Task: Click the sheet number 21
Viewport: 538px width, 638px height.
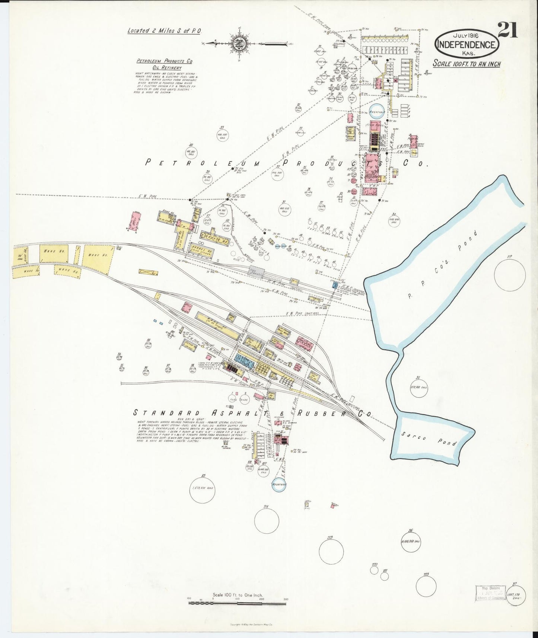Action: [507, 30]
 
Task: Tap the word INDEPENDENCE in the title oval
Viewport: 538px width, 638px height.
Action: [466, 45]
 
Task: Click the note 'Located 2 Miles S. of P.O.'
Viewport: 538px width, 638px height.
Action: [164, 31]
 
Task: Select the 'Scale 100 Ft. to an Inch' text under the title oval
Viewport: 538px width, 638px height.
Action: [467, 64]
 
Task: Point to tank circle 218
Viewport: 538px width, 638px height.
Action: [267, 521]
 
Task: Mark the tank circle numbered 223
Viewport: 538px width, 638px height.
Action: [426, 587]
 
